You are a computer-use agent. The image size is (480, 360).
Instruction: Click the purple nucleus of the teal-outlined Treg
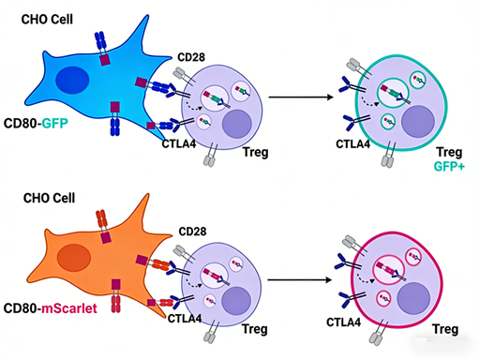coord(412,125)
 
